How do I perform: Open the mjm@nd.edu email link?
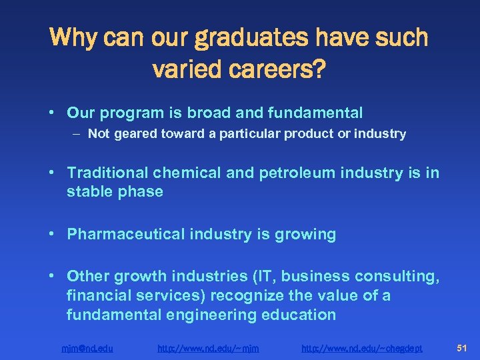[87, 347]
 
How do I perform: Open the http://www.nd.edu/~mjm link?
[208, 347]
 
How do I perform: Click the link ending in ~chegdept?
[362, 347]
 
